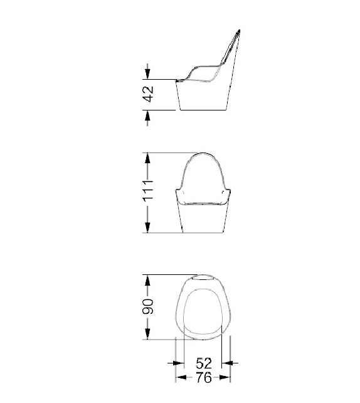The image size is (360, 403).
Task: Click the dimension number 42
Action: pyautogui.click(x=148, y=95)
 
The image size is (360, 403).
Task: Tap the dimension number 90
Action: pyautogui.click(x=148, y=307)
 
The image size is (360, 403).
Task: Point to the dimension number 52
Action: pyautogui.click(x=204, y=363)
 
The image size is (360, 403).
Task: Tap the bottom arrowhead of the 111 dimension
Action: pyautogui.click(x=148, y=229)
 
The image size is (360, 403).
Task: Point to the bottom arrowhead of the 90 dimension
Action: pyautogui.click(x=148, y=336)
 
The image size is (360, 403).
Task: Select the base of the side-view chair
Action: pyautogui.click(x=204, y=97)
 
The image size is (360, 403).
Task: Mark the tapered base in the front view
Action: pyautogui.click(x=204, y=220)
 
